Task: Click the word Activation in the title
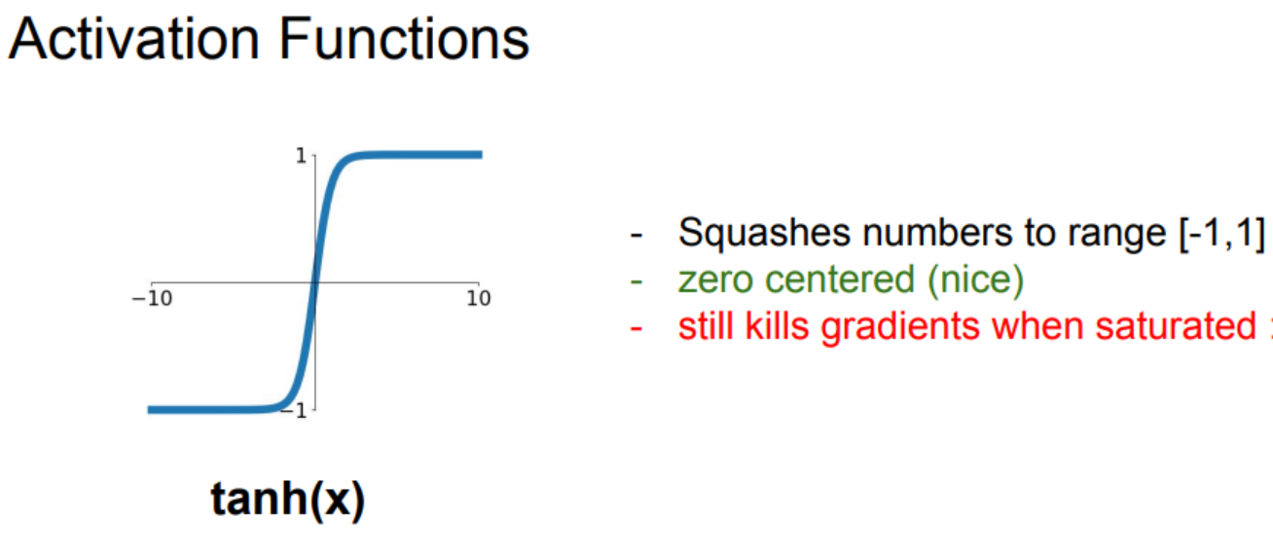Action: tap(134, 39)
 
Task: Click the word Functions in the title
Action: tap(404, 39)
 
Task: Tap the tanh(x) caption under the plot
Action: tap(287, 499)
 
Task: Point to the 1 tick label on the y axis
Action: tap(301, 156)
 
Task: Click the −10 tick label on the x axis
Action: tap(152, 298)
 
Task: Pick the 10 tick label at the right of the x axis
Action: tap(479, 298)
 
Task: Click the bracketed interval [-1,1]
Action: tap(1222, 233)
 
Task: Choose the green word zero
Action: tap(716, 280)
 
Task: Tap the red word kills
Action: tap(777, 327)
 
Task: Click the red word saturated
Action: tap(1176, 327)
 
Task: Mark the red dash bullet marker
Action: tap(636, 328)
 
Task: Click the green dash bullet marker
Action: tap(636, 281)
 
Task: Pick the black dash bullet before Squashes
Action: tap(636, 235)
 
